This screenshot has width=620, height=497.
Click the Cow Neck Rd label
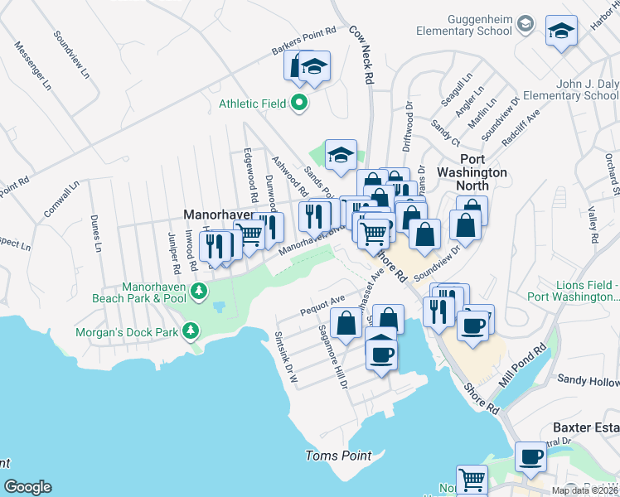coord(362,52)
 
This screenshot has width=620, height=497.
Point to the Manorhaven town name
coord(217,214)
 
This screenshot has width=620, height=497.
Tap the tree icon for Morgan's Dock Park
coord(191,332)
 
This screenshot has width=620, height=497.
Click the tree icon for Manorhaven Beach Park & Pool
coord(198,291)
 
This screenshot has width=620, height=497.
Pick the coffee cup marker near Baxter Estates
coord(530,456)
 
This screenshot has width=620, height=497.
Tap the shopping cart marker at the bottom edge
coord(472,479)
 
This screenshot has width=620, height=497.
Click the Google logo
coord(27,487)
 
